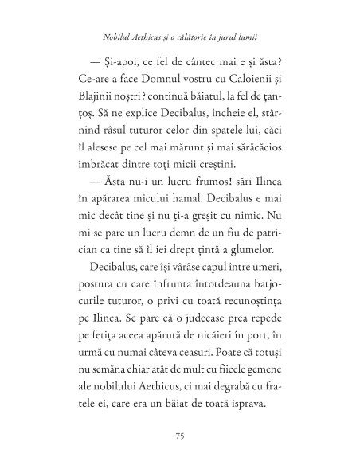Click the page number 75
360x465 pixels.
coord(179,436)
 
